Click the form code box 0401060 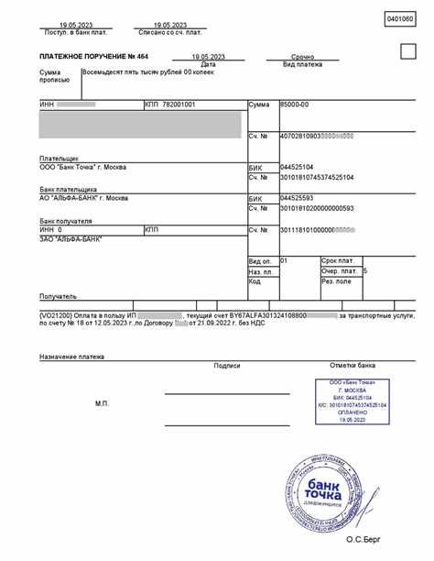[x=399, y=19]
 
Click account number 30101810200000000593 [x=317, y=208]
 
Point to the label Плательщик [x=59, y=158]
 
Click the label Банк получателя [x=66, y=220]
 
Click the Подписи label [x=226, y=365]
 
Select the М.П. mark [x=103, y=403]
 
